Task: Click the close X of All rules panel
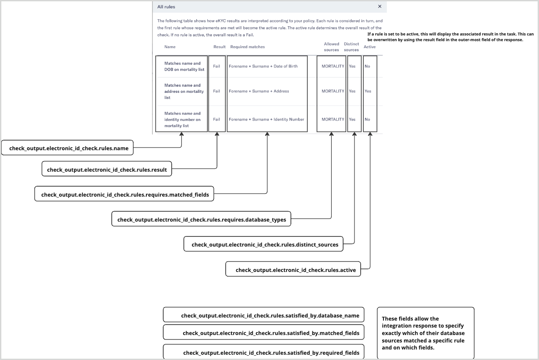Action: pyautogui.click(x=379, y=6)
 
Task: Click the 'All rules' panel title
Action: pyautogui.click(x=166, y=7)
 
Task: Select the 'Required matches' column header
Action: pyautogui.click(x=248, y=47)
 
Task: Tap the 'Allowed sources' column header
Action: pyautogui.click(x=331, y=47)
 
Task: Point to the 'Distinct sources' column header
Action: pyautogui.click(x=351, y=47)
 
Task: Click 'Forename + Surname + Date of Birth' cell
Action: pyautogui.click(x=263, y=66)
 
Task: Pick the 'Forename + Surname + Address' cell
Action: pyautogui.click(x=259, y=91)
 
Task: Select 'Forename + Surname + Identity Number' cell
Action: pyautogui.click(x=266, y=119)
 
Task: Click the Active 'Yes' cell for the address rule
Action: pyautogui.click(x=368, y=91)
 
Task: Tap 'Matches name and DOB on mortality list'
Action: pyautogui.click(x=184, y=66)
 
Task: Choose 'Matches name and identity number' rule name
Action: pyautogui.click(x=182, y=119)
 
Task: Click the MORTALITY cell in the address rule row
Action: pyautogui.click(x=333, y=91)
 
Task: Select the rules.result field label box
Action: pyautogui.click(x=107, y=169)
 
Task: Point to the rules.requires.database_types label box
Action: pyautogui.click(x=202, y=219)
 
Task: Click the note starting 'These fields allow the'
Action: pyautogui.click(x=425, y=333)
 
